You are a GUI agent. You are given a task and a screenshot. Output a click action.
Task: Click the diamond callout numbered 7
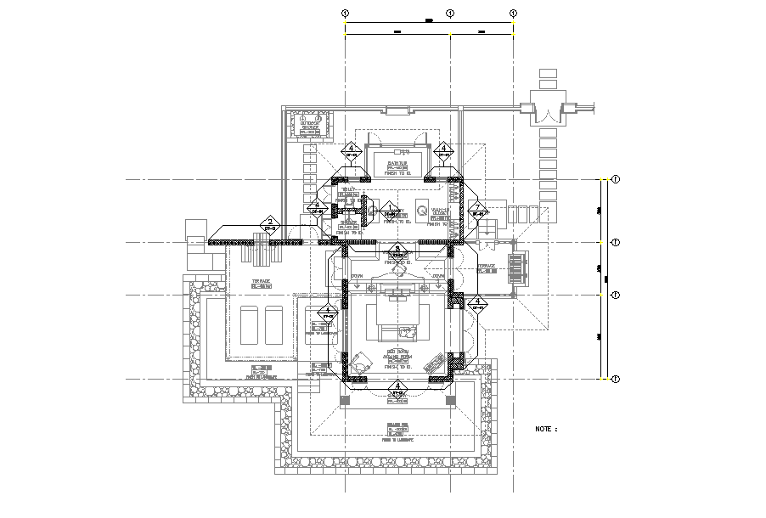tap(477, 209)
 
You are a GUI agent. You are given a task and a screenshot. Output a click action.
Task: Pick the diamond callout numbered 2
tap(270, 223)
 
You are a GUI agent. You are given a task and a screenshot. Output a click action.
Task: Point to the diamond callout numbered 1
tap(390, 209)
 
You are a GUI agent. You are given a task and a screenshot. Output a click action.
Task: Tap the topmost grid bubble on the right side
tap(616, 180)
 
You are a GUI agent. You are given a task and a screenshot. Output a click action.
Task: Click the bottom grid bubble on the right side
tap(616, 380)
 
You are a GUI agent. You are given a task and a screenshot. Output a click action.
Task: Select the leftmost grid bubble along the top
tap(345, 13)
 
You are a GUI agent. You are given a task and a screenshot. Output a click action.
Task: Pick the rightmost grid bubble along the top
tap(514, 13)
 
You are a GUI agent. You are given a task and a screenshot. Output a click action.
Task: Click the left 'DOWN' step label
tap(357, 277)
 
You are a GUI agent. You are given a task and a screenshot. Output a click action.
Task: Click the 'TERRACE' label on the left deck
tap(260, 281)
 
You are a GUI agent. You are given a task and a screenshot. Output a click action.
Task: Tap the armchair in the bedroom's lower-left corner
tap(363, 362)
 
